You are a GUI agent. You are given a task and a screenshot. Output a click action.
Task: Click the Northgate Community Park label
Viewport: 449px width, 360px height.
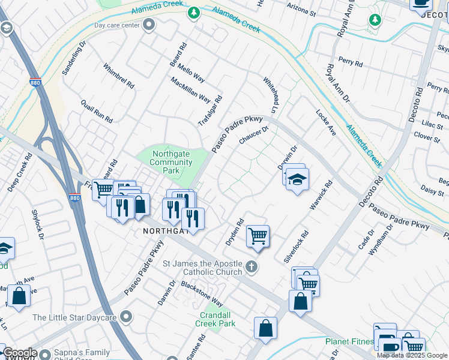point(171,162)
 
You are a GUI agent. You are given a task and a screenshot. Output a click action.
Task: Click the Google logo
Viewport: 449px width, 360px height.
point(19,353)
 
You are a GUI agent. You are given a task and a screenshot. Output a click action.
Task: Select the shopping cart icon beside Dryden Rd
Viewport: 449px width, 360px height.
point(258,235)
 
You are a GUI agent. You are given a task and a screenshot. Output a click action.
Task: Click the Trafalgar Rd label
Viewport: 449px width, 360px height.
point(210,111)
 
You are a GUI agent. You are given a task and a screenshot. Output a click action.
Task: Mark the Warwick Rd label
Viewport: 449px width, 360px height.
point(321,195)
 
